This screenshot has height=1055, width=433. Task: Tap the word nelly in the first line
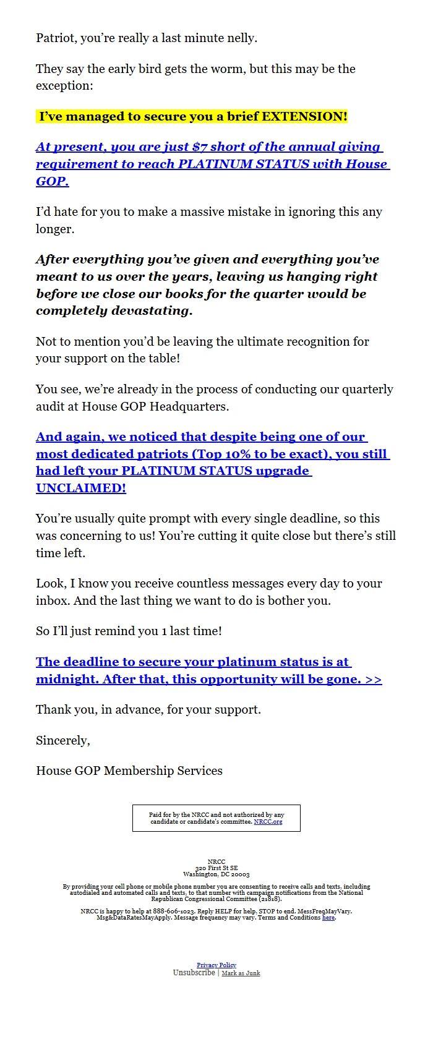pos(240,38)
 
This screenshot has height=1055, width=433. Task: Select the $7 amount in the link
pos(200,147)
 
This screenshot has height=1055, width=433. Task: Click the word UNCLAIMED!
pos(81,488)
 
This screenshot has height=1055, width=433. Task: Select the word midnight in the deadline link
pos(67,679)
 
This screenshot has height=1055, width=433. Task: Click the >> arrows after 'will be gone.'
pos(373,679)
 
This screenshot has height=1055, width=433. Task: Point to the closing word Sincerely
pos(62,740)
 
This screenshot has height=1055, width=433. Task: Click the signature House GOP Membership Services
pos(129,771)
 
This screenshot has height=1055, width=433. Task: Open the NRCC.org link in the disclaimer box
pos(268,822)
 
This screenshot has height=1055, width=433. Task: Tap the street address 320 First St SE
pos(216,868)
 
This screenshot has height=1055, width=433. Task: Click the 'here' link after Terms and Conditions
pos(328,918)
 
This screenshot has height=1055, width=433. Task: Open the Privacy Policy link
pos(216,965)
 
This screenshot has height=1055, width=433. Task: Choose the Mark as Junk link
pos(241,973)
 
